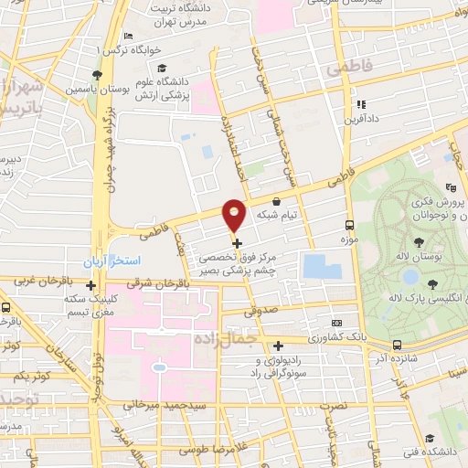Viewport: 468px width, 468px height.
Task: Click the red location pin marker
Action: pyautogui.click(x=235, y=215)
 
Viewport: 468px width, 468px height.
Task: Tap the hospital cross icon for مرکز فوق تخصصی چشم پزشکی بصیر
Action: pyautogui.click(x=238, y=243)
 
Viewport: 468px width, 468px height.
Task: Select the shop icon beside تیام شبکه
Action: pyautogui.click(x=277, y=201)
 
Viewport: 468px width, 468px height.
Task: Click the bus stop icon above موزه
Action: pyautogui.click(x=349, y=224)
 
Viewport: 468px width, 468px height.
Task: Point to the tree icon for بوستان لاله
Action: pyautogui.click(x=420, y=242)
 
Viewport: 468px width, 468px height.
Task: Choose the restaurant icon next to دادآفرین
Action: pyautogui.click(x=361, y=105)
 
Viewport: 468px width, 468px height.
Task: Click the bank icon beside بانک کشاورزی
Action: pyautogui.click(x=337, y=323)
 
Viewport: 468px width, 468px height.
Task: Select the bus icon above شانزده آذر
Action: pyautogui.click(x=397, y=345)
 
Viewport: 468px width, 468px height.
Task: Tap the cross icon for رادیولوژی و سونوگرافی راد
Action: pyautogui.click(x=278, y=345)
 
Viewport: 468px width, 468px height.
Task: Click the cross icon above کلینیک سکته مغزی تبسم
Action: pyautogui.click(x=90, y=285)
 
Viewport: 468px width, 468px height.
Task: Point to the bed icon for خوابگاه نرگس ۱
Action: pyautogui.click(x=127, y=36)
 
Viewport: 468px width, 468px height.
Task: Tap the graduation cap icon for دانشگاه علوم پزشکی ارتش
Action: pyautogui.click(x=163, y=69)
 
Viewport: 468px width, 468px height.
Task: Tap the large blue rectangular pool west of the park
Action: pyautogui.click(x=322, y=267)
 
